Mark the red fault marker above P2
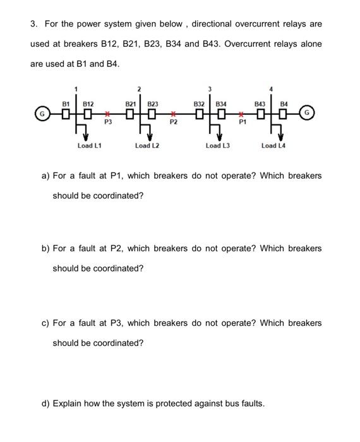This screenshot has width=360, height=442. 172,114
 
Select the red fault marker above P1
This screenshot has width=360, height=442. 241,114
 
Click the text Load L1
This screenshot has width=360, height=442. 90,146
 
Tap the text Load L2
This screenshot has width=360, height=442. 147,146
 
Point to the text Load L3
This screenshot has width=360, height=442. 218,146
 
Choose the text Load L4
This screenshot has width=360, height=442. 273,146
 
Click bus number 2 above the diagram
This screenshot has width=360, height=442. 141,88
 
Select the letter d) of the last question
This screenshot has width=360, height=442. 45,403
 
